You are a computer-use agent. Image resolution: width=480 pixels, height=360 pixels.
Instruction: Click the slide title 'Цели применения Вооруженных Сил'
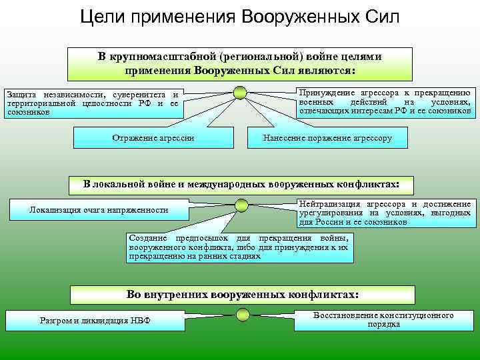point(239,16)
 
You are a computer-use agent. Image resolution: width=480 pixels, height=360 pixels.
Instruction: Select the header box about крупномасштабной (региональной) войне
point(240,64)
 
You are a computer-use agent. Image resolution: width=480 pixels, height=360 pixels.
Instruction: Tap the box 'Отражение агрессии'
point(153,137)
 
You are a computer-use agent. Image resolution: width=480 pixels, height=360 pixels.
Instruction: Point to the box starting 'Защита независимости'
point(93,103)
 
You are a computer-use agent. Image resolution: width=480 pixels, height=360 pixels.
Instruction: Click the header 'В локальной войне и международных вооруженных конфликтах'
point(241,183)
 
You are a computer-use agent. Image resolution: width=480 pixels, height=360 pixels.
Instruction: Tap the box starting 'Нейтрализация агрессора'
point(385,213)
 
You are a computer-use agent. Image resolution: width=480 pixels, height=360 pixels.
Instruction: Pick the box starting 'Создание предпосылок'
point(239,247)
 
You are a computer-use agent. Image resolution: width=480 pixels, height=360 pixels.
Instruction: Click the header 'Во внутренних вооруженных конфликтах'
point(243,294)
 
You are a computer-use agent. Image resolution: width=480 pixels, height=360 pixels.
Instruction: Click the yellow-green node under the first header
point(241,93)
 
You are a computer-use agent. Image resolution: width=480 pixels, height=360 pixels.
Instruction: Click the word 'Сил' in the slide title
point(379,16)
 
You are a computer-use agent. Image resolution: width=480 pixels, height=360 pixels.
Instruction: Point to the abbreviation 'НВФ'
point(140,320)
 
